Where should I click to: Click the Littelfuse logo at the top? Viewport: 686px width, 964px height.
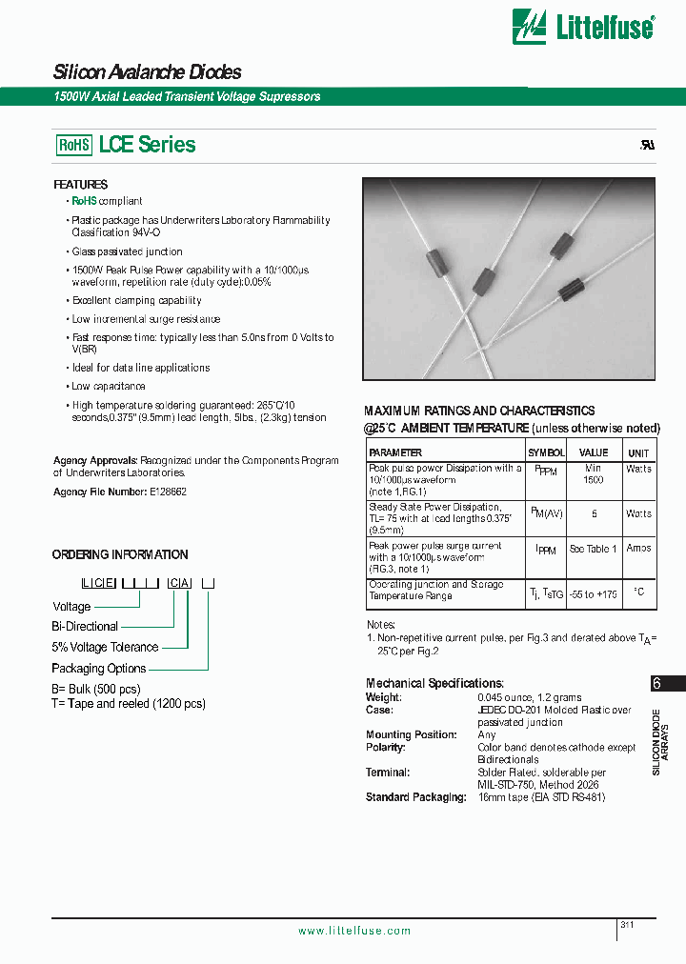(x=583, y=27)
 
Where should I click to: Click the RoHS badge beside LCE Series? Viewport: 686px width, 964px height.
(x=74, y=145)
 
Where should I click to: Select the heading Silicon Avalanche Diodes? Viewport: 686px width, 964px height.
(x=147, y=72)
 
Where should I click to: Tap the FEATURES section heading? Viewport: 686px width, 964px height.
(x=80, y=184)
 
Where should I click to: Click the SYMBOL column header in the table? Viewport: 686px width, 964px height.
(x=546, y=452)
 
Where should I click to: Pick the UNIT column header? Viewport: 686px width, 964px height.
(x=638, y=452)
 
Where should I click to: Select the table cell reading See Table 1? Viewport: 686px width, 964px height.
(x=593, y=549)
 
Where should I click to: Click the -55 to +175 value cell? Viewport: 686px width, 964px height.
(x=593, y=593)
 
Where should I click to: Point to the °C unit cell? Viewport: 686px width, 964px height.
(x=638, y=592)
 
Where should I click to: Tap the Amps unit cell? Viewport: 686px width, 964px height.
(x=638, y=549)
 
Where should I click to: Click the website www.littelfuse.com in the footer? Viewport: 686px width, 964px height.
(x=354, y=931)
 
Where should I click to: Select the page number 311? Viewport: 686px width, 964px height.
(x=627, y=925)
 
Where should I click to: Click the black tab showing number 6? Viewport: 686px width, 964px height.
(x=656, y=683)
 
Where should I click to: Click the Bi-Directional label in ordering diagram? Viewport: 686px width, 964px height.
(x=85, y=626)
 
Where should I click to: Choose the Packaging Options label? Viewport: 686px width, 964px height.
(x=98, y=668)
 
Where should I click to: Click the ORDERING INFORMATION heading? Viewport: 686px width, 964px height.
(x=120, y=554)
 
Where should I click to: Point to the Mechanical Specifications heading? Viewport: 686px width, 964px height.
(x=434, y=683)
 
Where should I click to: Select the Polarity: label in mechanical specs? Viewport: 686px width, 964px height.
(x=388, y=747)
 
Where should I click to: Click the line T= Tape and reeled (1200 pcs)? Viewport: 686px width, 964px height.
(x=129, y=703)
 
